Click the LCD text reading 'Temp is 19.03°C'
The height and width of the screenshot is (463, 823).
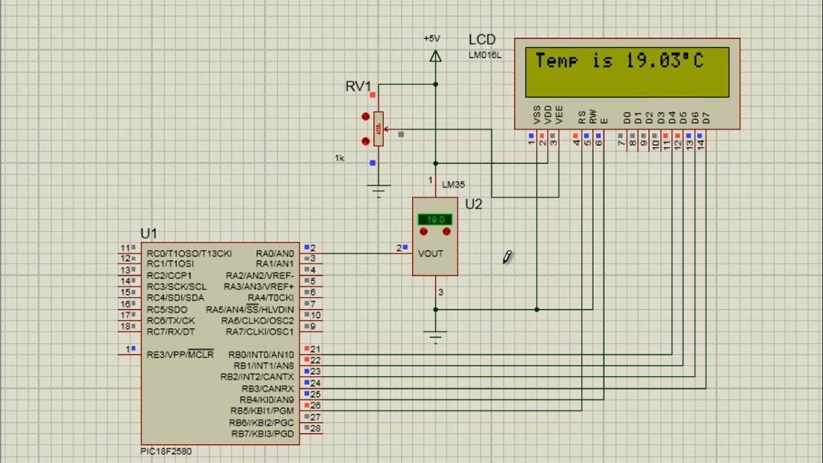(x=619, y=61)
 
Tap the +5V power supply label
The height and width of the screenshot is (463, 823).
(x=432, y=39)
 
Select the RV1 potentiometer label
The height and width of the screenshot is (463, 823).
(x=358, y=86)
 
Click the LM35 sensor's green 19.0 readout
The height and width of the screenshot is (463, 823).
(x=435, y=220)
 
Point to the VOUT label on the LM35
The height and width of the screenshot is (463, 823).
(x=431, y=253)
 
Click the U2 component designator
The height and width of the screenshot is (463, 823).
(x=473, y=204)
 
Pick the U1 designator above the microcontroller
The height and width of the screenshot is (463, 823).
(x=149, y=233)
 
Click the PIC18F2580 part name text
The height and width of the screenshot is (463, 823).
(x=166, y=451)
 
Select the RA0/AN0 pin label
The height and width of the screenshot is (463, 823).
(x=275, y=253)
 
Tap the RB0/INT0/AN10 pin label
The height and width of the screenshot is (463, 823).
(x=261, y=354)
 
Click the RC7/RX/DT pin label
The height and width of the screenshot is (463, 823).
(x=170, y=332)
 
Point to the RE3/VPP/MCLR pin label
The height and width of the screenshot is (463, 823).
(x=180, y=354)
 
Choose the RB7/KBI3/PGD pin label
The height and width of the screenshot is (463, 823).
(x=262, y=434)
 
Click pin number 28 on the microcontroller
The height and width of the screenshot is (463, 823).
(x=316, y=428)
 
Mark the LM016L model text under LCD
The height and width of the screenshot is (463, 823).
(x=485, y=55)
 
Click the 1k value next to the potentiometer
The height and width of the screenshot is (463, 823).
(x=339, y=158)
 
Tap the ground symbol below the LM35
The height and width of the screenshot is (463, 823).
(x=436, y=335)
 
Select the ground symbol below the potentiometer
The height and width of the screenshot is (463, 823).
(x=379, y=189)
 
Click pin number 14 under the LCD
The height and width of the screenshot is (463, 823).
(x=701, y=145)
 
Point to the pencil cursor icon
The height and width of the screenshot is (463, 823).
(x=507, y=257)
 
